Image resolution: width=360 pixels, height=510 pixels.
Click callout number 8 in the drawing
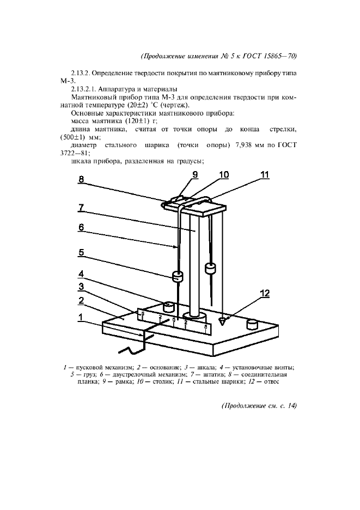(x=81, y=179)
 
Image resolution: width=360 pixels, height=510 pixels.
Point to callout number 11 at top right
(x=265, y=175)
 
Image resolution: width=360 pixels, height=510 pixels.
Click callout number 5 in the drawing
(x=81, y=253)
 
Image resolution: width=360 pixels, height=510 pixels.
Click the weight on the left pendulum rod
(x=178, y=277)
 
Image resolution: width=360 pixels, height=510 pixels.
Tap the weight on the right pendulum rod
(x=210, y=268)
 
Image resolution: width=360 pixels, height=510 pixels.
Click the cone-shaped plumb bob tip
(x=223, y=322)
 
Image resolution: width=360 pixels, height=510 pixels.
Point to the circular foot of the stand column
(x=193, y=315)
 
